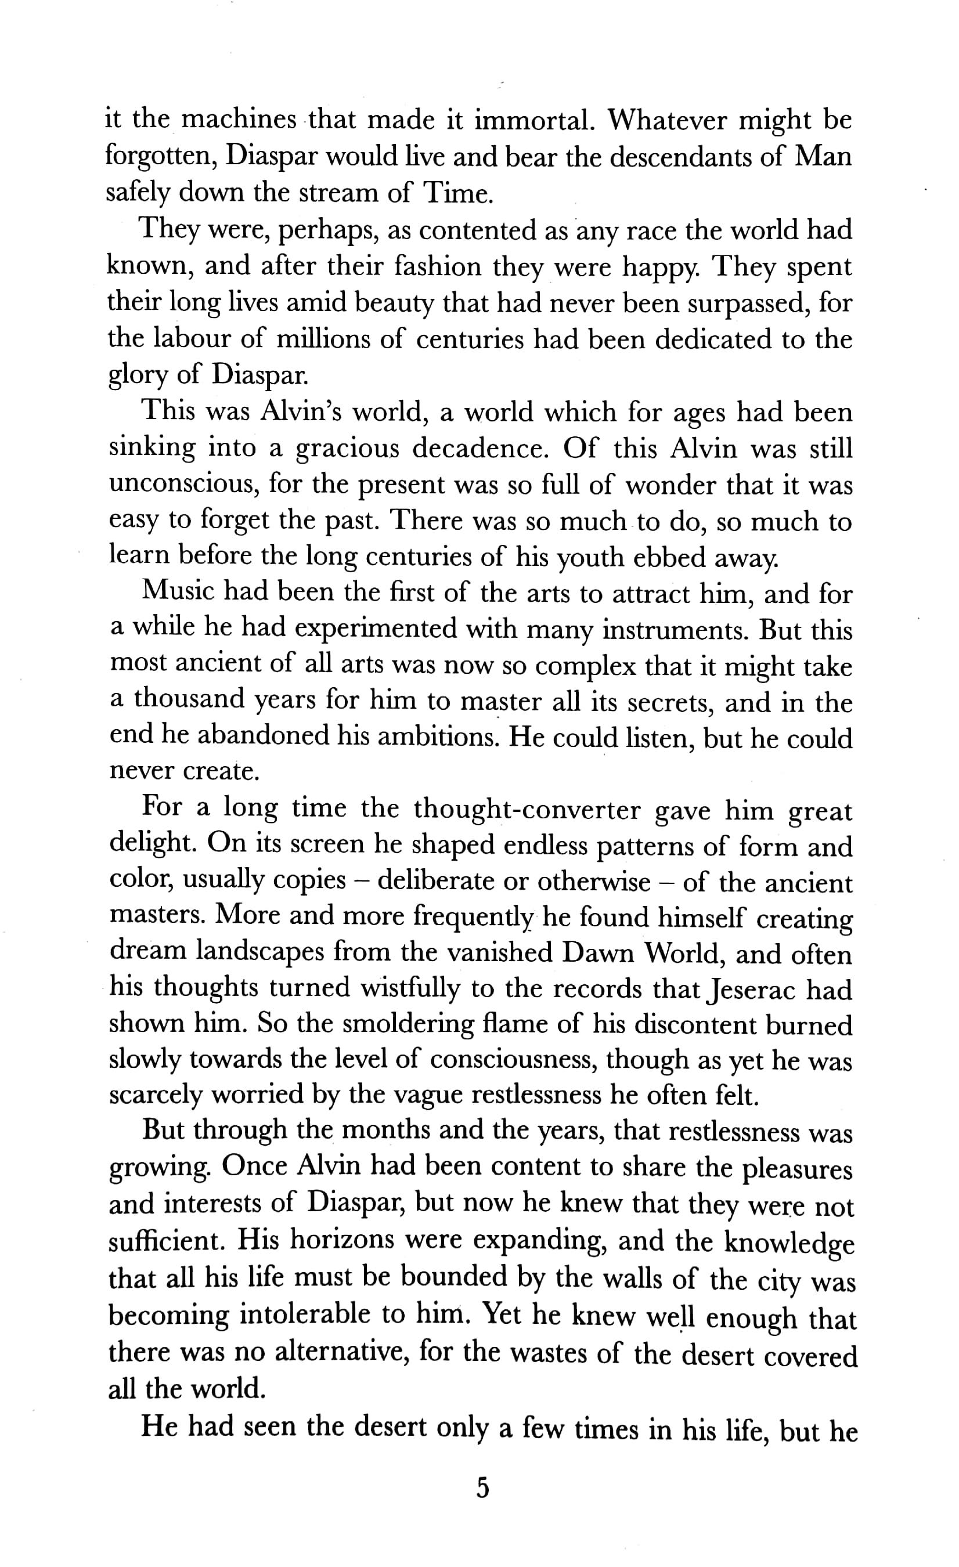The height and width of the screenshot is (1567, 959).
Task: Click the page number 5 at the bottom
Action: (482, 1489)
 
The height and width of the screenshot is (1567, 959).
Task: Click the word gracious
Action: (347, 450)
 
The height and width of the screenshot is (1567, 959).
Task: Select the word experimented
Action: (376, 630)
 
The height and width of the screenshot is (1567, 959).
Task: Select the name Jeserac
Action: (751, 990)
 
